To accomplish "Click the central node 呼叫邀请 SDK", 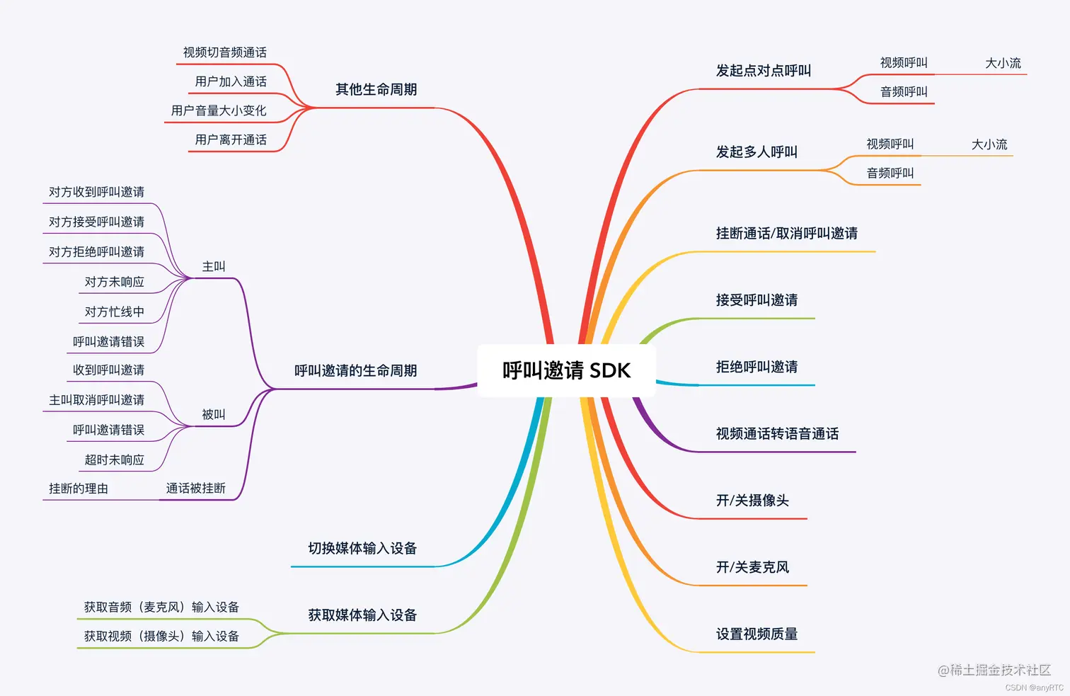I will [566, 370].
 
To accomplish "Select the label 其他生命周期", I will [376, 90].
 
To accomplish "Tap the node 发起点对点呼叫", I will [763, 71].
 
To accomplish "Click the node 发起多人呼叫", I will [756, 152].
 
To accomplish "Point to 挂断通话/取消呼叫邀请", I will [786, 234].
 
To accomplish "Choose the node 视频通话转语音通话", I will [777, 434].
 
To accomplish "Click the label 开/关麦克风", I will [752, 568].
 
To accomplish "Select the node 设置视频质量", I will [756, 634].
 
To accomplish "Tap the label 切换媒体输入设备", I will [362, 549].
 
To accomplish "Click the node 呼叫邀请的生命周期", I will [355, 371].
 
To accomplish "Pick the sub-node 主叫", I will [214, 267].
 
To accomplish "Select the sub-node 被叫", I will [214, 415].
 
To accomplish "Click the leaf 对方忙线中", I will [114, 312].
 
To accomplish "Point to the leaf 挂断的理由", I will [78, 489].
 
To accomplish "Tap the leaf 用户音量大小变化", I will [218, 111].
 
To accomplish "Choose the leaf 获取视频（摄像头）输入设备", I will [161, 637].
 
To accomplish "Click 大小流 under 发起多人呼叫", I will [989, 145].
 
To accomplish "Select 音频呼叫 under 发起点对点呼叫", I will [903, 92].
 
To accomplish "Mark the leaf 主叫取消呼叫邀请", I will [96, 400].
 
